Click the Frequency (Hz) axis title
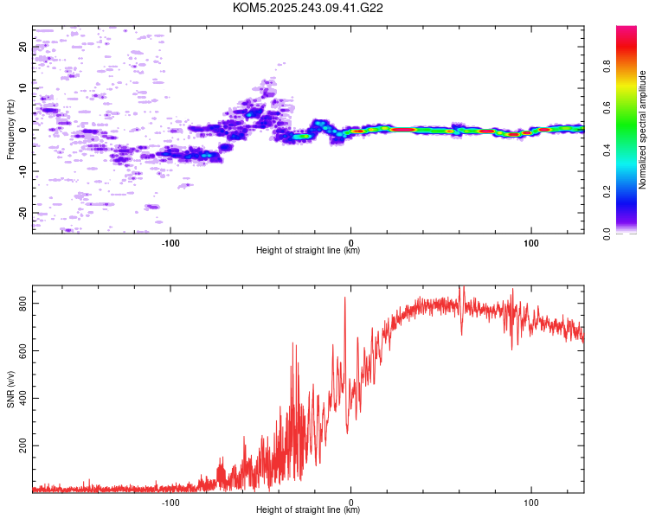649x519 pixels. pos(10,130)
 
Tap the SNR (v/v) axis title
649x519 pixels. pos(10,389)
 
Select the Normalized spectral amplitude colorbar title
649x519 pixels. pos(643,130)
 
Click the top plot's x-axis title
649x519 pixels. pos(308,250)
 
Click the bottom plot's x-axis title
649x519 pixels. pos(308,509)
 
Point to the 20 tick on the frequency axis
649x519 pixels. pos(23,47)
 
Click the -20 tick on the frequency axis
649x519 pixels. pos(23,212)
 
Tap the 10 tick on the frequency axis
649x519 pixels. pos(23,88)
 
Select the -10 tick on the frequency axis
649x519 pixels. pos(23,171)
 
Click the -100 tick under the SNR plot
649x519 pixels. pos(170,501)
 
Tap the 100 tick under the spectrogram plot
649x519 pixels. pos(530,241)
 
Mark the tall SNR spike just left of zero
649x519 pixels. pos(344,298)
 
